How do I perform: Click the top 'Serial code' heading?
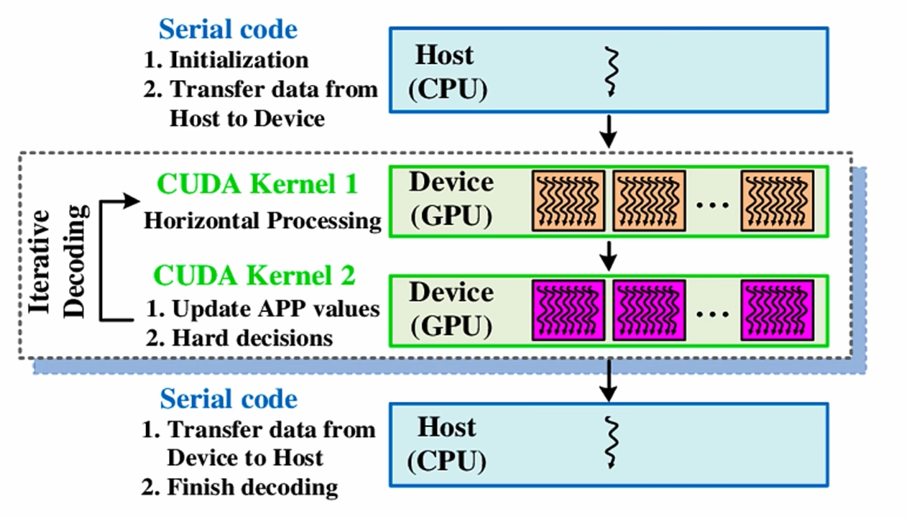[228, 30]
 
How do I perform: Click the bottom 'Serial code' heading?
[228, 399]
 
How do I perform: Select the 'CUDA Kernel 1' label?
[257, 184]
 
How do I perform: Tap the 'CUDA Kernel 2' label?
[254, 276]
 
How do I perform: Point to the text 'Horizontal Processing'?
[262, 221]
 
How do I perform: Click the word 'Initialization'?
[239, 60]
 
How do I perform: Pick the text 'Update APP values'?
[275, 308]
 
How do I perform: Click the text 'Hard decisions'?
[252, 338]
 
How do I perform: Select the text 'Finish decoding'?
[252, 487]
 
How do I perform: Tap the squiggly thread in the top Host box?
[612, 72]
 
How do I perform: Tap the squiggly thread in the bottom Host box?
[612, 443]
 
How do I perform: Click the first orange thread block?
[568, 201]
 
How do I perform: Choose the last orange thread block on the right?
[777, 201]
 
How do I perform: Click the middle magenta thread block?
[649, 310]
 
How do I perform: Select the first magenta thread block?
[568, 310]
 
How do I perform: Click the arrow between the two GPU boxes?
[608, 256]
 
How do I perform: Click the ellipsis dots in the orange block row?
[713, 206]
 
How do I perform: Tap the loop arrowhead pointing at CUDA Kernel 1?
[132, 201]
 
